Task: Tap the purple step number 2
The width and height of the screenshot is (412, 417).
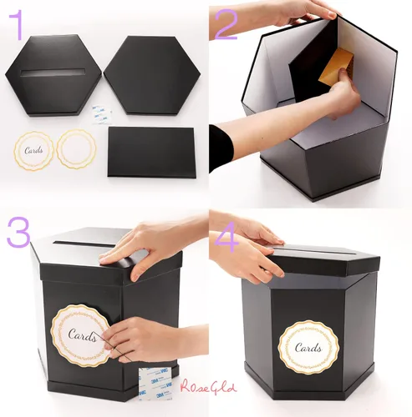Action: pos(226,27)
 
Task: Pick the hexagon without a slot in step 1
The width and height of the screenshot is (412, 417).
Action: pos(152,75)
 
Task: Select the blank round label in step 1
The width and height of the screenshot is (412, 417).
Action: pos(76,148)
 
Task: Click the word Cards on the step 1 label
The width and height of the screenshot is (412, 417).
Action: pos(34,151)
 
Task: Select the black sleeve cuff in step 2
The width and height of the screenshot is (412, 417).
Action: pos(221,147)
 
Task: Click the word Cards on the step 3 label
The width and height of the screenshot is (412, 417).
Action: pos(82,335)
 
